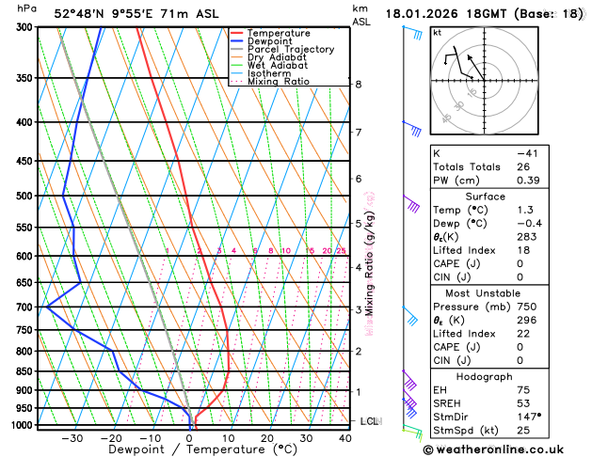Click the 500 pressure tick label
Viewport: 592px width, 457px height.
click(x=24, y=196)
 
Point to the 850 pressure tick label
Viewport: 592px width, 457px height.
click(x=24, y=371)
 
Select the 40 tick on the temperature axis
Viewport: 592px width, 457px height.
click(x=344, y=437)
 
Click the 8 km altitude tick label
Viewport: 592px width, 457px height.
click(x=358, y=85)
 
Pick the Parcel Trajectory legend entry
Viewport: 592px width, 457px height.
click(x=291, y=49)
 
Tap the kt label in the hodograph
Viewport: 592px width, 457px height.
click(x=437, y=32)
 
